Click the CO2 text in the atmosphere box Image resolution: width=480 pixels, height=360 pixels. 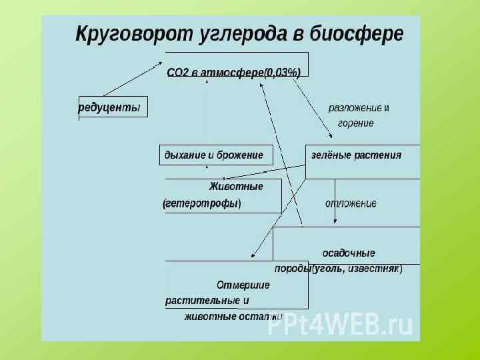(179, 73)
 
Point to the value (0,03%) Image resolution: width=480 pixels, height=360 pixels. (282, 73)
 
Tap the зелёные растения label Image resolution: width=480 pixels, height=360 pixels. (357, 155)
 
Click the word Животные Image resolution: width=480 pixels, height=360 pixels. (236, 187)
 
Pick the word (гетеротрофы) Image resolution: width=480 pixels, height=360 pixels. (202, 203)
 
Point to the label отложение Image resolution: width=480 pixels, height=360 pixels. (351, 203)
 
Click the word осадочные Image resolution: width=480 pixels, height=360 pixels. (349, 253)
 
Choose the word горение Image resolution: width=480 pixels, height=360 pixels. (355, 123)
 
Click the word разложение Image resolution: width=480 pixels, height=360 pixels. (355, 108)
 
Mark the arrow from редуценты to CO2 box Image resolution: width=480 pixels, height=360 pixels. (133, 79)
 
